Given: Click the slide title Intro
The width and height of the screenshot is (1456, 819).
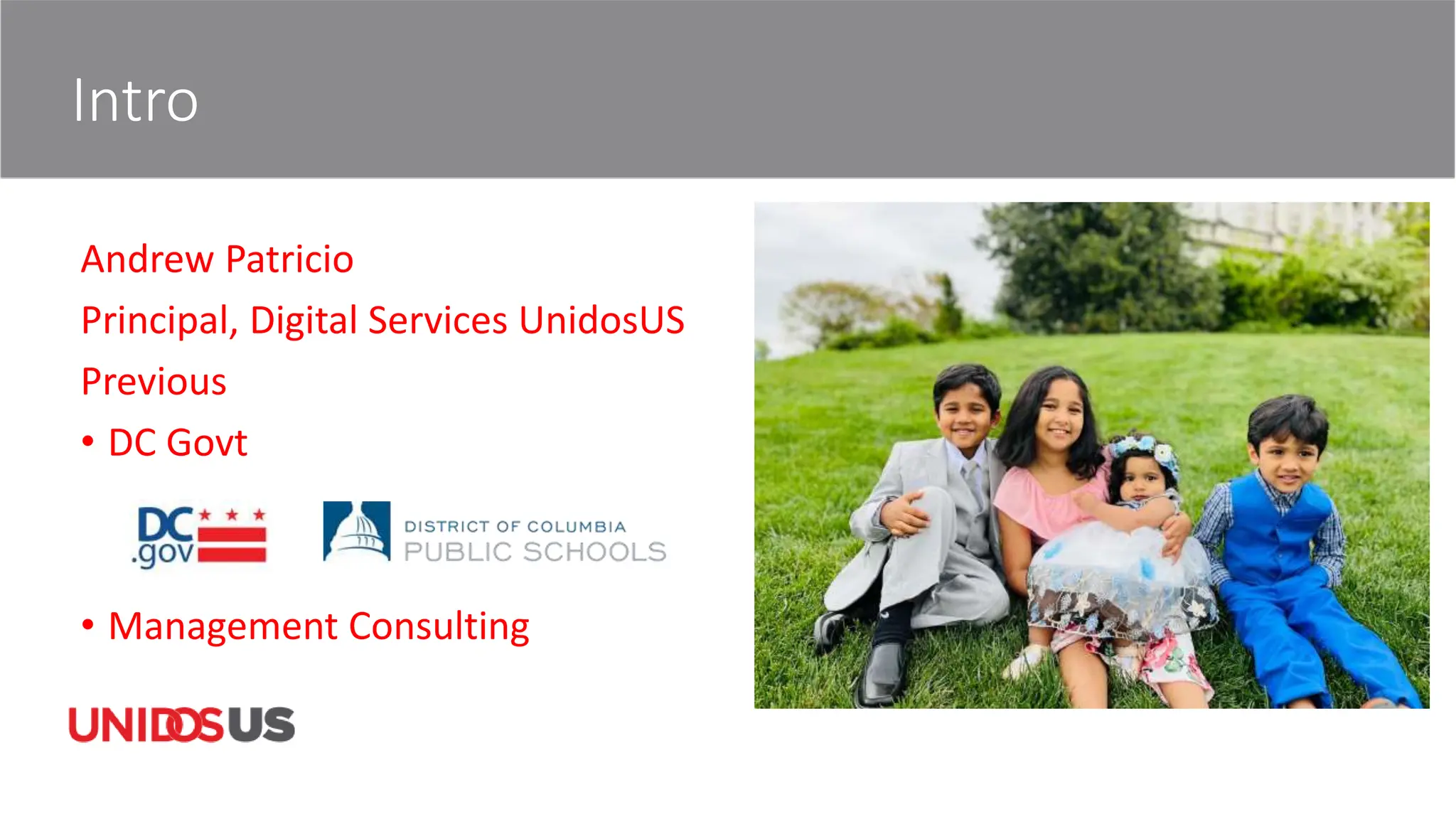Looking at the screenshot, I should (x=135, y=101).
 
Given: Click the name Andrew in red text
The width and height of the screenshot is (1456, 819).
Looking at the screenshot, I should (x=147, y=259).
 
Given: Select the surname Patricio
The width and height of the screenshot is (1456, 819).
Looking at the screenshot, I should (x=289, y=259).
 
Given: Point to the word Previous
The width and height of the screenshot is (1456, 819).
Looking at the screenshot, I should (x=154, y=382).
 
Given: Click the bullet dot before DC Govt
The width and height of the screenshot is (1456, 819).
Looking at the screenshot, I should (x=88, y=441).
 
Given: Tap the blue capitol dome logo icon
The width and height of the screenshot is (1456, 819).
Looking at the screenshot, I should (x=357, y=531).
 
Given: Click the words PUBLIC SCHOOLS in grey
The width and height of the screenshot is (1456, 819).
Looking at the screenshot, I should (x=535, y=552).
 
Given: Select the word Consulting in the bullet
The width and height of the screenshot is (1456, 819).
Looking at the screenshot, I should (x=439, y=626).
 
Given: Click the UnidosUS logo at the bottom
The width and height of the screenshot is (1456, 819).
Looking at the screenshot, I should (x=181, y=725).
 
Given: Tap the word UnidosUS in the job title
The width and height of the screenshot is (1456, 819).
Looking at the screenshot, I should (x=601, y=321).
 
